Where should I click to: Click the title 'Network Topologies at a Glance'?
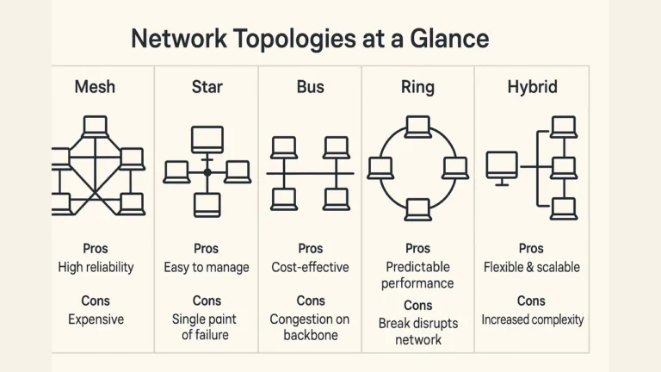coord(310,39)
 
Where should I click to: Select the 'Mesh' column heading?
coord(95,87)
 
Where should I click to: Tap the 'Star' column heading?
coord(207,87)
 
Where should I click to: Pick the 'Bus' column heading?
coord(310,87)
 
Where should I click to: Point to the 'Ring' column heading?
coord(417,87)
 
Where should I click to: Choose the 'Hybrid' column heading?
coord(532,87)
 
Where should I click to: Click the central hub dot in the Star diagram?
coord(207,172)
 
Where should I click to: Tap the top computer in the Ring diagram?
coord(418,127)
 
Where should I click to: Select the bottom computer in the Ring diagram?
coord(418,208)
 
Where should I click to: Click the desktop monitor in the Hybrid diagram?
coord(502,164)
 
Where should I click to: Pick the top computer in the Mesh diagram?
coord(96,127)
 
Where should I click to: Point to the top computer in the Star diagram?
coord(207,139)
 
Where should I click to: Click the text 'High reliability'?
coord(96,267)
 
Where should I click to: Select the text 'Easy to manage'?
coord(207,267)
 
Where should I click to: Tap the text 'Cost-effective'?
coord(311,267)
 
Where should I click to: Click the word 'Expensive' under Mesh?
coord(96,319)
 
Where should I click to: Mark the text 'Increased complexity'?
coord(532,319)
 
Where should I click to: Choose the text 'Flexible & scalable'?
coord(532,267)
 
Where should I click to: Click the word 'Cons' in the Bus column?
coord(311,301)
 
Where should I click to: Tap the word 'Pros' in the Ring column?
coord(418,249)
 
